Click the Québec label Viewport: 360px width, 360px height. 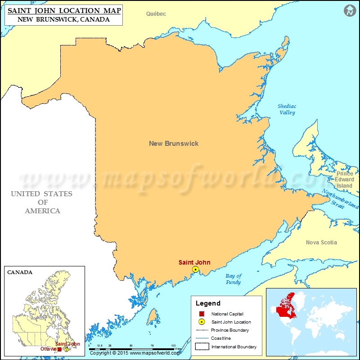(156, 14)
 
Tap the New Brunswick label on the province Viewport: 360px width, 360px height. (174, 144)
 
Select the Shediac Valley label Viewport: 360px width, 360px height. (287, 109)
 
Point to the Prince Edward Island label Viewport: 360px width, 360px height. (345, 180)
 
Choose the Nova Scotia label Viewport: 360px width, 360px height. (321, 243)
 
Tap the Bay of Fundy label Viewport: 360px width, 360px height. (233, 279)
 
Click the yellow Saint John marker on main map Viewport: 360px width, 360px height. (195, 270)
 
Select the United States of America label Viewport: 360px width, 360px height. (42, 202)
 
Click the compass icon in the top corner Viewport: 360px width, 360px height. (349, 11)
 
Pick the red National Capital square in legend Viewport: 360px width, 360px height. (202, 314)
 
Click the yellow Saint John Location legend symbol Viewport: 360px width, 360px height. (202, 322)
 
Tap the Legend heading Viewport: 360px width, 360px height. (208, 303)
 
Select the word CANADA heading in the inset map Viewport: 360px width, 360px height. (20, 272)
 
